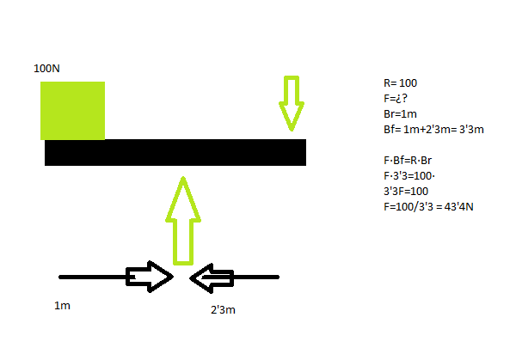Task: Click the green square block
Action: [x=72, y=111]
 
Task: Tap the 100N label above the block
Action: [x=46, y=68]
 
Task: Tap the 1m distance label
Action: [x=62, y=306]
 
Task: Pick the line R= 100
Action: [x=400, y=83]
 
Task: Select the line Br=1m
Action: [x=401, y=114]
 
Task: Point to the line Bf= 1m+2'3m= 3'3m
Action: [x=434, y=130]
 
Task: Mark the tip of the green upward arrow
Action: [x=182, y=178]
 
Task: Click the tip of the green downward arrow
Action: [x=292, y=131]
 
